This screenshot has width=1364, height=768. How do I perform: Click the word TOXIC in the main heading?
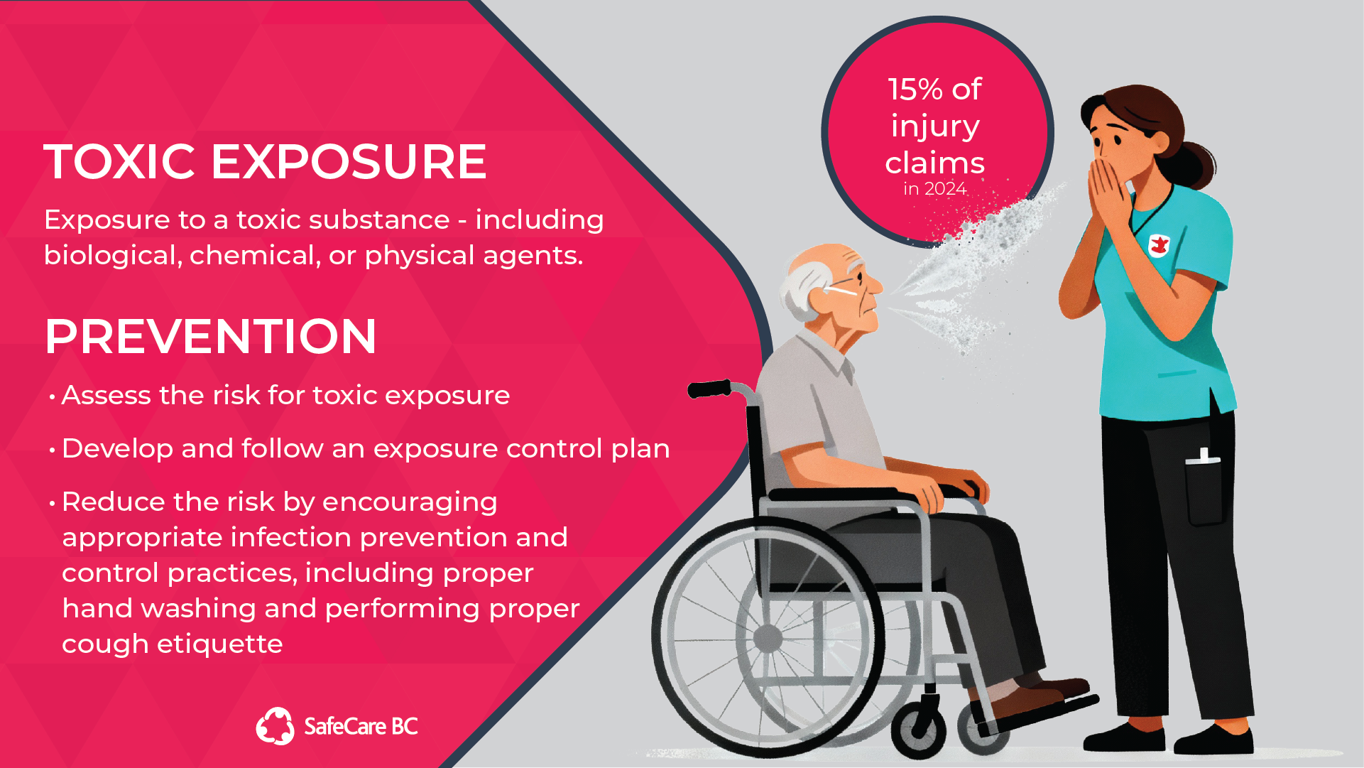[x=119, y=161]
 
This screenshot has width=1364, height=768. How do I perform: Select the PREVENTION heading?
[x=210, y=336]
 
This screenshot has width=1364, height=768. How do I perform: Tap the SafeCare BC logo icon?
[x=275, y=726]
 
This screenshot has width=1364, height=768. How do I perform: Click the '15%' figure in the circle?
[x=915, y=90]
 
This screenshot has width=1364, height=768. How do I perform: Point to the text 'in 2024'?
[x=934, y=189]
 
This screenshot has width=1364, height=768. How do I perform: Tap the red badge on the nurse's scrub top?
[x=1159, y=246]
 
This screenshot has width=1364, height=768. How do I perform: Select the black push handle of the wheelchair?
[x=709, y=389]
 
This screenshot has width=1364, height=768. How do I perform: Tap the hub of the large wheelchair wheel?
[x=768, y=638]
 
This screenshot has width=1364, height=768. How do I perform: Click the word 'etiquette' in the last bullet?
[x=219, y=644]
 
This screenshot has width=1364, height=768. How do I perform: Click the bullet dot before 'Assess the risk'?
[x=52, y=397]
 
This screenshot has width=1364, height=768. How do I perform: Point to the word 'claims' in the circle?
[x=934, y=163]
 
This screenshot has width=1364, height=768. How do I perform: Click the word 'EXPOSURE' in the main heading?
[x=349, y=161]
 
